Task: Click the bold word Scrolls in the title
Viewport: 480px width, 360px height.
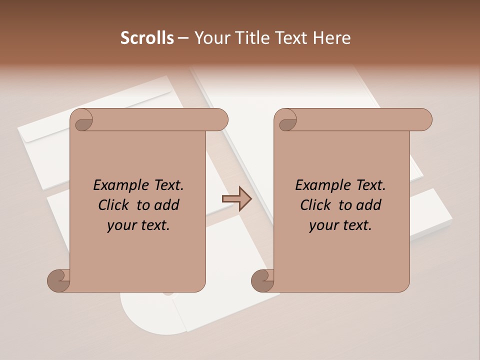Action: click(x=147, y=38)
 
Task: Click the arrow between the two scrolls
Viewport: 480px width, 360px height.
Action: click(x=236, y=198)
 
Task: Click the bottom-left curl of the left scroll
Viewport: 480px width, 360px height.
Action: click(x=58, y=280)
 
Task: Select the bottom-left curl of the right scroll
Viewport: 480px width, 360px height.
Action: click(x=262, y=280)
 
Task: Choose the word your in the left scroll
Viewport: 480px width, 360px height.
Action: click(x=121, y=225)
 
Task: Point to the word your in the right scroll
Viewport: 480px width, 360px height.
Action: click(x=323, y=225)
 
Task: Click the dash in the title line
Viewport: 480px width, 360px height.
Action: click(x=183, y=38)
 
